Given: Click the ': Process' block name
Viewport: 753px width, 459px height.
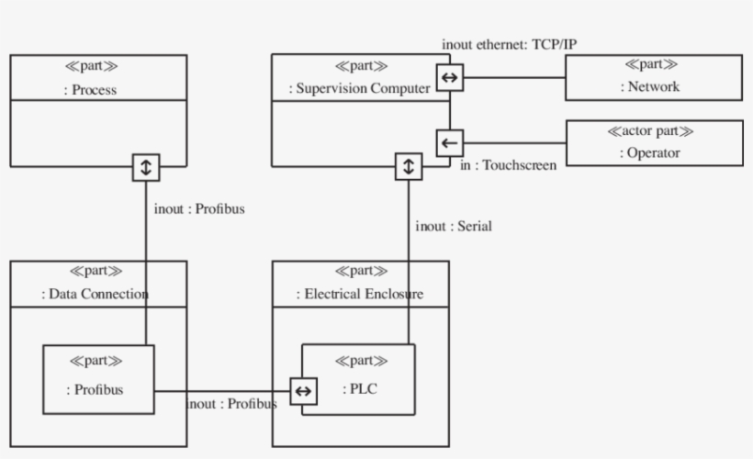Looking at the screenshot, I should click(96, 90).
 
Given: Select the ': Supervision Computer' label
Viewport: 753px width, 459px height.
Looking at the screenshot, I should click(359, 89).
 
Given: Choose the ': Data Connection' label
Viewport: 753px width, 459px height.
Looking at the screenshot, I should click(96, 295).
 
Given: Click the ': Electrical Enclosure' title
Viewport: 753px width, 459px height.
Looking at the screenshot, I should click(359, 295).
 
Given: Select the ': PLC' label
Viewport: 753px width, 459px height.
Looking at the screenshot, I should click(360, 389).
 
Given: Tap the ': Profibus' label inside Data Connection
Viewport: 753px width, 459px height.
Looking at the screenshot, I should click(96, 389).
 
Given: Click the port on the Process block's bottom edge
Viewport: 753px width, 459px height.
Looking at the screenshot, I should click(147, 167).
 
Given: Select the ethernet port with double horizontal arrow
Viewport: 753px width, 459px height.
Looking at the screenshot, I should click(449, 78).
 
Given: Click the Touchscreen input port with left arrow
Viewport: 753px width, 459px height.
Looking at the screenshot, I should click(449, 143).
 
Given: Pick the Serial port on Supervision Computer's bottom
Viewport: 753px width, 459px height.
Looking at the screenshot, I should click(409, 167).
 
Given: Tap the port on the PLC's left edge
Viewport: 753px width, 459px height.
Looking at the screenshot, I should click(303, 391).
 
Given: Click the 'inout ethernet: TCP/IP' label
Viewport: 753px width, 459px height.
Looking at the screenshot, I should click(509, 44).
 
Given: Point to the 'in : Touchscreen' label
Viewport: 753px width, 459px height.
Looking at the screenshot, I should click(508, 166).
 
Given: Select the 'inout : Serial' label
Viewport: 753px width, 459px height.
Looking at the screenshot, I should click(454, 226).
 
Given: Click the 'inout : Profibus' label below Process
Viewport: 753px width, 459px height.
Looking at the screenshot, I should click(199, 208).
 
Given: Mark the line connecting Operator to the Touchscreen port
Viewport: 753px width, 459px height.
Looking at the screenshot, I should click(514, 143).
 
